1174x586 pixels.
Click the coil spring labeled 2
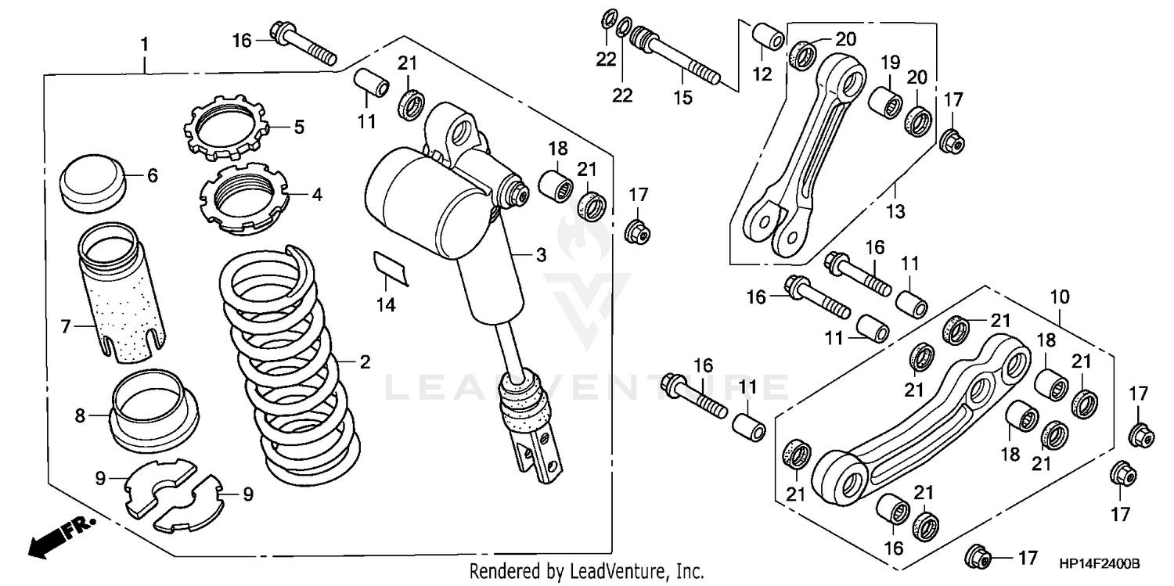pos(290,368)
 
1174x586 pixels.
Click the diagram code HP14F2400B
pos(1100,564)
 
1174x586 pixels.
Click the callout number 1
pos(145,44)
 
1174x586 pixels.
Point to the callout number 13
pos(895,211)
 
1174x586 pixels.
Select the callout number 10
pos(1060,297)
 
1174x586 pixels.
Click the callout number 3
pos(540,255)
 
